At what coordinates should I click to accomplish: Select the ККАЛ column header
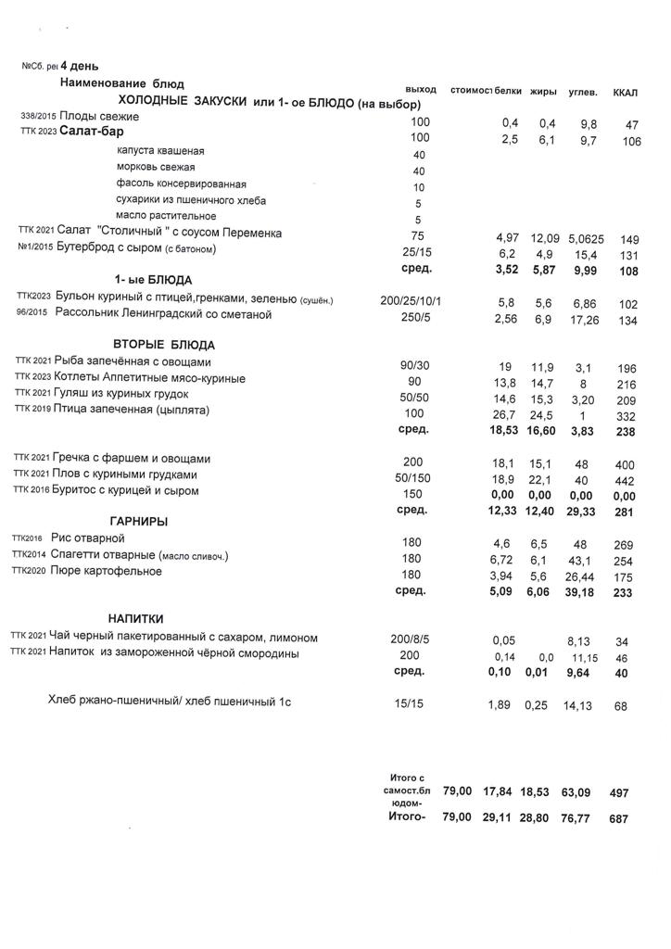point(627,92)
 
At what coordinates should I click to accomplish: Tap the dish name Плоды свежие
point(99,117)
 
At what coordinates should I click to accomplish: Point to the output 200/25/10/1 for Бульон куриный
point(411,301)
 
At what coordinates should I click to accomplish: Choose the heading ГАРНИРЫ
point(138,521)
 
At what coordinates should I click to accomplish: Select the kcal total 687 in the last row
point(618,819)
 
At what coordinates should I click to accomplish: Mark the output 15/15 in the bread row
point(407,703)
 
